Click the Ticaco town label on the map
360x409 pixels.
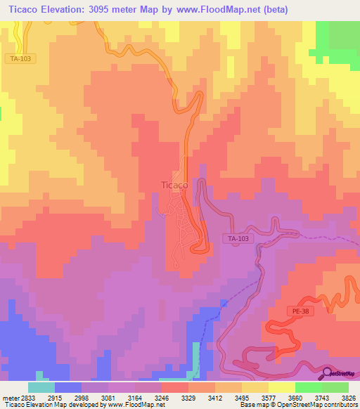174,186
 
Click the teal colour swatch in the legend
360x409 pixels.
41,387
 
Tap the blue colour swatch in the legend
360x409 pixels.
67,387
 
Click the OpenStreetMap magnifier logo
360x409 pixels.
326,372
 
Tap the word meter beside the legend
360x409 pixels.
8,397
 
